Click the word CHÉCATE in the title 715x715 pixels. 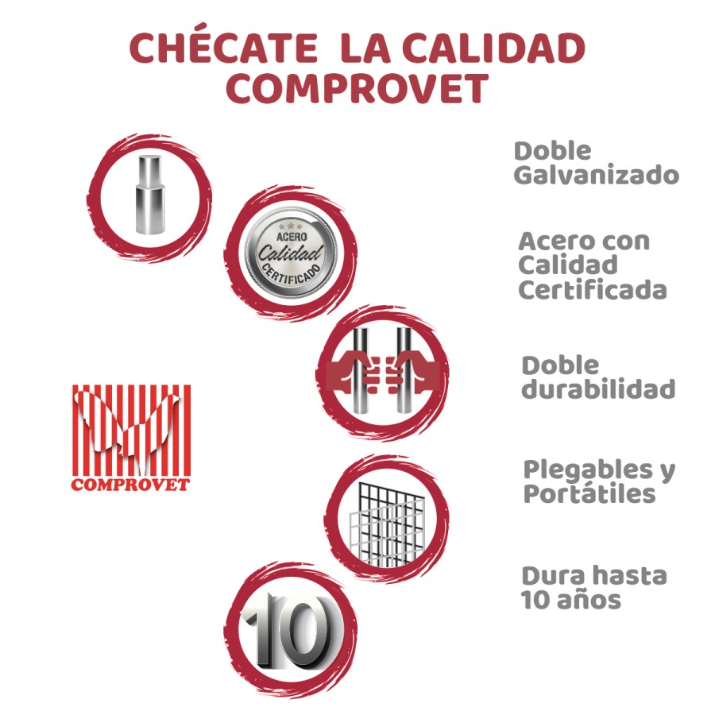click(x=221, y=49)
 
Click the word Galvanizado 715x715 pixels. click(x=596, y=176)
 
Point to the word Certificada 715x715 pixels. click(x=592, y=290)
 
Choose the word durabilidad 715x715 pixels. click(x=598, y=389)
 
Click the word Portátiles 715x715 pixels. click(x=589, y=494)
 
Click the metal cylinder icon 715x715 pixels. click(x=148, y=195)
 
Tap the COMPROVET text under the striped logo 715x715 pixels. click(x=130, y=484)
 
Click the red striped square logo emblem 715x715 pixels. click(x=131, y=430)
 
